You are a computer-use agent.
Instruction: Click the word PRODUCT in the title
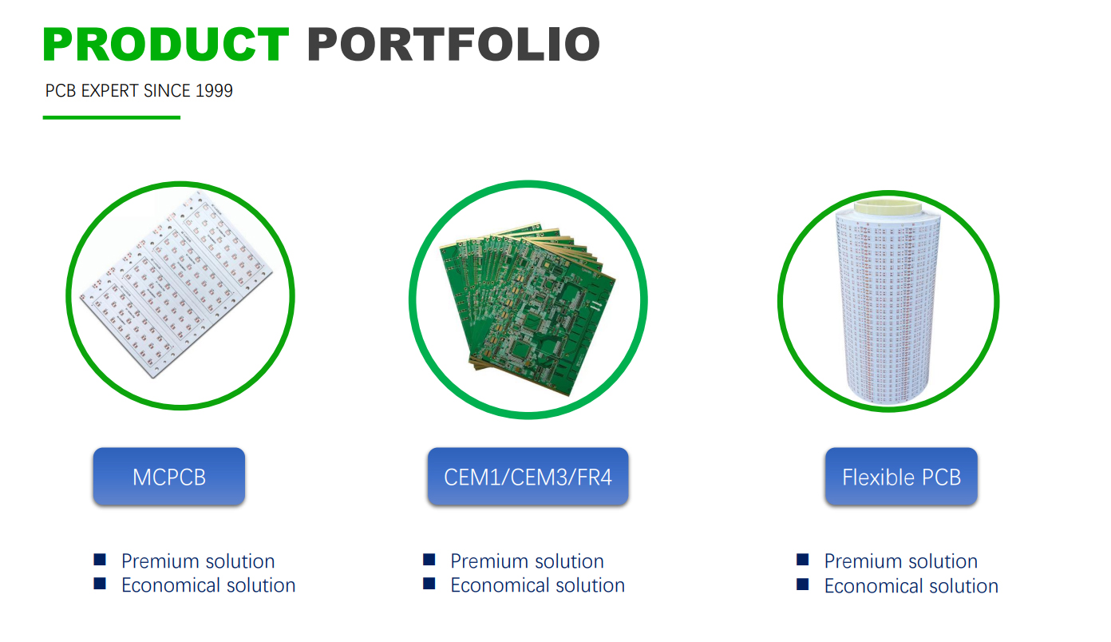pyautogui.click(x=166, y=44)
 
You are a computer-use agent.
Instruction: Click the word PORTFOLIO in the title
pyautogui.click(x=454, y=44)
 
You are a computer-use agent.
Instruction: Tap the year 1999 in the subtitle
pyautogui.click(x=214, y=91)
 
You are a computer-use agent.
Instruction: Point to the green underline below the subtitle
pyautogui.click(x=112, y=117)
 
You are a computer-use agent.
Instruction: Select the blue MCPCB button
pyautogui.click(x=169, y=476)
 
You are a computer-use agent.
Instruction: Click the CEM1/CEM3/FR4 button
pyautogui.click(x=528, y=476)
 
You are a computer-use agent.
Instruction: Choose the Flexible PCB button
pyautogui.click(x=901, y=476)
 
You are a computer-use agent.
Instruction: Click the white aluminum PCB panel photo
pyautogui.click(x=176, y=285)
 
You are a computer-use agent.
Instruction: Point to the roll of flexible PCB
pyautogui.click(x=888, y=303)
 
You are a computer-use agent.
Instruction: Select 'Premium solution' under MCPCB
pyautogui.click(x=198, y=561)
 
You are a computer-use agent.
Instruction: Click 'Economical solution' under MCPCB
pyautogui.click(x=208, y=585)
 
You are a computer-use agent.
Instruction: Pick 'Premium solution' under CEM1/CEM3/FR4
pyautogui.click(x=528, y=561)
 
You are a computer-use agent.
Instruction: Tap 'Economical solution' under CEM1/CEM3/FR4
pyautogui.click(x=538, y=585)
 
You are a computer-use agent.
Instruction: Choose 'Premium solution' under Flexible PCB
pyautogui.click(x=901, y=561)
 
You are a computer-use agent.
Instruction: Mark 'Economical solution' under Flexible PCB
pyautogui.click(x=911, y=586)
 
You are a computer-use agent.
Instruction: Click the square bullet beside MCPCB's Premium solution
pyautogui.click(x=100, y=560)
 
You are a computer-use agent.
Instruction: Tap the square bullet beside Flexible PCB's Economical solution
pyautogui.click(x=802, y=585)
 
